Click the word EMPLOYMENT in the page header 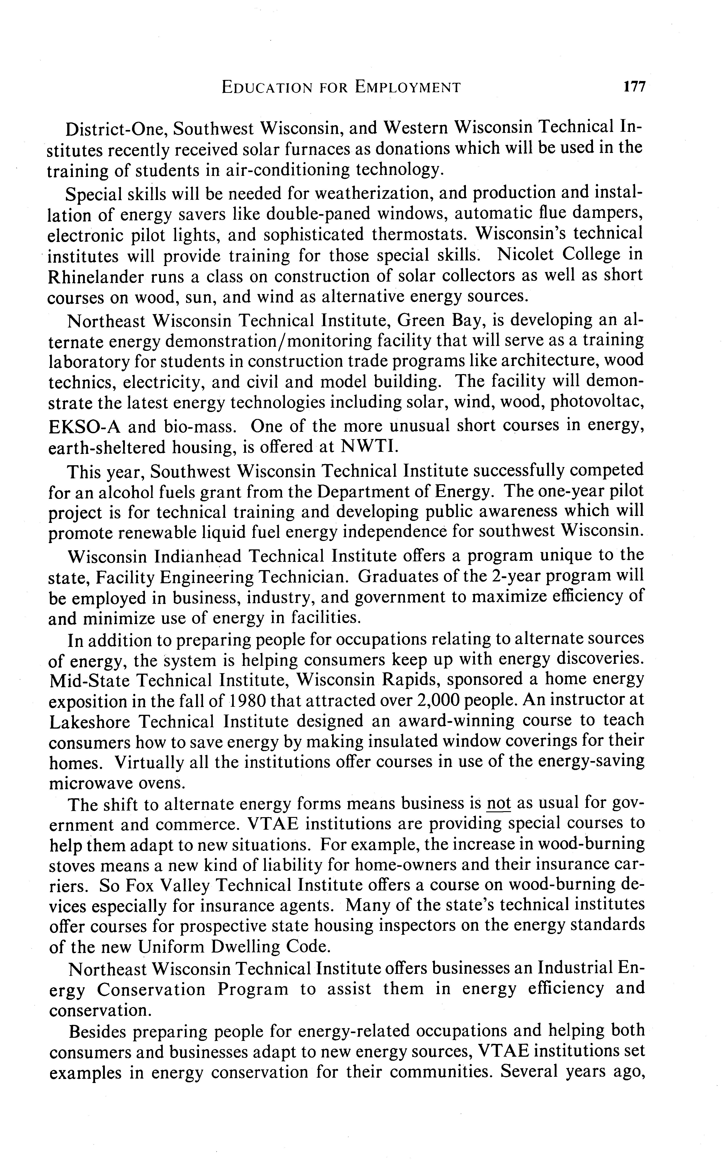407,87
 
